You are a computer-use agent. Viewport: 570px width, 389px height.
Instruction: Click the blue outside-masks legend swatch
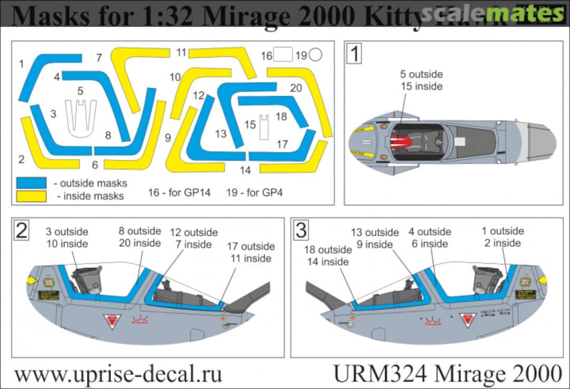pos(33,183)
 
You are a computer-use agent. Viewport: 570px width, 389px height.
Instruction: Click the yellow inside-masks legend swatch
pos(33,196)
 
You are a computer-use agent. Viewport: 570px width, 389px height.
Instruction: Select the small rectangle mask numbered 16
pos(283,54)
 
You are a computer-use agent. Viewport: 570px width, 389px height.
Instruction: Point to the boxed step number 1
pos(354,53)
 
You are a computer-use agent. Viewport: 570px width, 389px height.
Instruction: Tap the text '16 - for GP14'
pos(179,192)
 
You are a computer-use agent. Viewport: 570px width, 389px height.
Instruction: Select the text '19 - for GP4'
pos(254,192)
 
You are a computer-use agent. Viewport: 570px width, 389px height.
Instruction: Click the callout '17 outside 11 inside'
pos(251,252)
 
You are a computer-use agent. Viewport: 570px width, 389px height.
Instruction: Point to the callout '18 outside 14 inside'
pos(327,255)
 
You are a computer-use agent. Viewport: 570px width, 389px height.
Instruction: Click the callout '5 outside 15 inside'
pos(421,80)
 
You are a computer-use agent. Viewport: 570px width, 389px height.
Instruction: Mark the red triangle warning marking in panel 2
pos(112,320)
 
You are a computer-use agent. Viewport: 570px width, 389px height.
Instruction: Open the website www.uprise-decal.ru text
pos(118,374)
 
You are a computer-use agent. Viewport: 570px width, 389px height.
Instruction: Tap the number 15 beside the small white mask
pos(250,125)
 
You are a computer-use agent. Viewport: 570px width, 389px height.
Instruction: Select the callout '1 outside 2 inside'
pos(502,237)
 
